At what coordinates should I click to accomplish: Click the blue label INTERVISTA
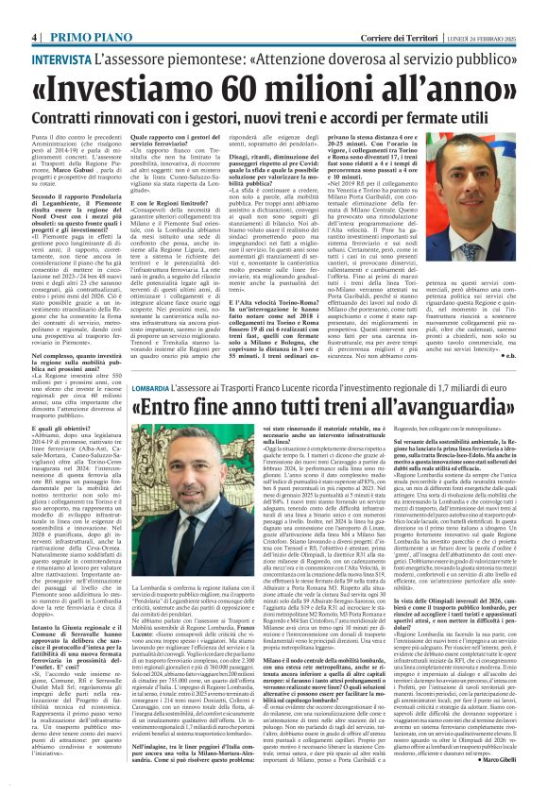62,58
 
